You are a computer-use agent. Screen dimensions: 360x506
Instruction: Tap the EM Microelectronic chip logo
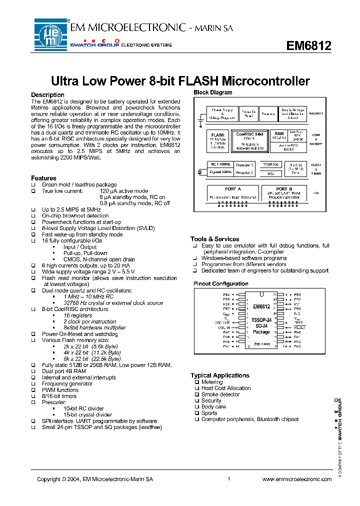point(50,33)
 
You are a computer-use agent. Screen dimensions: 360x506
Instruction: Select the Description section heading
point(47,95)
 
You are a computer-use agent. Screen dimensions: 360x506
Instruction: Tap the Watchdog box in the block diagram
point(270,164)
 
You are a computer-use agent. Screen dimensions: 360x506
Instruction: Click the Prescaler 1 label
point(244,164)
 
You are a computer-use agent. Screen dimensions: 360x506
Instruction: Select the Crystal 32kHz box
point(220,172)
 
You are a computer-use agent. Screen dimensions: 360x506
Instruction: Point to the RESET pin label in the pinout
point(300,327)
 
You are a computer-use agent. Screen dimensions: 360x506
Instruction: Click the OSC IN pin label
point(223,327)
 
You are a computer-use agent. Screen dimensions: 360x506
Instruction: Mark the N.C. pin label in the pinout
point(297,313)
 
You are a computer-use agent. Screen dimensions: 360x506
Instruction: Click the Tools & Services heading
point(214,239)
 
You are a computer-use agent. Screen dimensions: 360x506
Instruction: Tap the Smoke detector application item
point(220,394)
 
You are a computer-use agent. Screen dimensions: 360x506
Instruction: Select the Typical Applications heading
point(219,375)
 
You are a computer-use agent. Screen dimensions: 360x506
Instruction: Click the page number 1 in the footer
point(228,479)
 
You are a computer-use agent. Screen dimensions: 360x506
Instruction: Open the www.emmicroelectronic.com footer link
point(296,479)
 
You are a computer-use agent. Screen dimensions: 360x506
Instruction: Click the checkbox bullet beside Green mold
point(33,184)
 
